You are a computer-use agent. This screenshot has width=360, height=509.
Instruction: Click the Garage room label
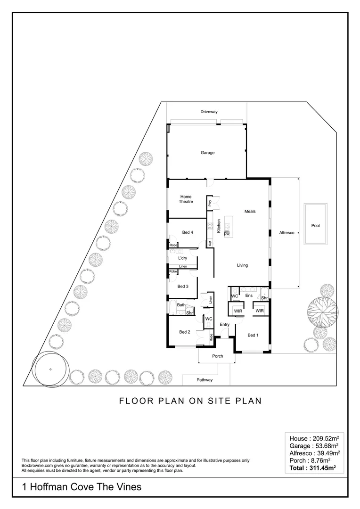pos(207,153)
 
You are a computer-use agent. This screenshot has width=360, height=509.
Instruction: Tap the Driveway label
pos(209,112)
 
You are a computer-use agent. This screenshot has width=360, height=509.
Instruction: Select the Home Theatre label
pos(186,199)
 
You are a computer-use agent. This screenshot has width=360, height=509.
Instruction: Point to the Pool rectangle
pos(315,225)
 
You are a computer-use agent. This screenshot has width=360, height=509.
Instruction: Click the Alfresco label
pos(286,233)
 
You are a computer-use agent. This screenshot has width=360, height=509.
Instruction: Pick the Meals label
pos(250,211)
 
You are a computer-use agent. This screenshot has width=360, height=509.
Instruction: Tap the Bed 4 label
pos(187,232)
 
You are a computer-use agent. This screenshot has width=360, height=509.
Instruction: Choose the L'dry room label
pos(183,259)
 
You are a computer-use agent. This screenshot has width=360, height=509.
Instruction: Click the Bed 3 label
pos(183,286)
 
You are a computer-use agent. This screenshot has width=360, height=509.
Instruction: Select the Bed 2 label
pos(184,332)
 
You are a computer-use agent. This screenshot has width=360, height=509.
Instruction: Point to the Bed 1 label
pos(254,335)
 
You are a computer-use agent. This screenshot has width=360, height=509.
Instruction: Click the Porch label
pos(217,356)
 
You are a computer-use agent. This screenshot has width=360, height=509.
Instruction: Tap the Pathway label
pos(205,380)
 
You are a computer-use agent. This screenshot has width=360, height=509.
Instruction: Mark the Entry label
pos(224,324)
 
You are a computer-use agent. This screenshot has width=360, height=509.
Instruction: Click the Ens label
pos(249,296)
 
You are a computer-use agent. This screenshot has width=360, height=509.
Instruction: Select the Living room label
pos(242,265)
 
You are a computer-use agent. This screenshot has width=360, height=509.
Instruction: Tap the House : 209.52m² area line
pos(313,438)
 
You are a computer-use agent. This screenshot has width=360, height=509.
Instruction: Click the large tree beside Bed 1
pos(323,311)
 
